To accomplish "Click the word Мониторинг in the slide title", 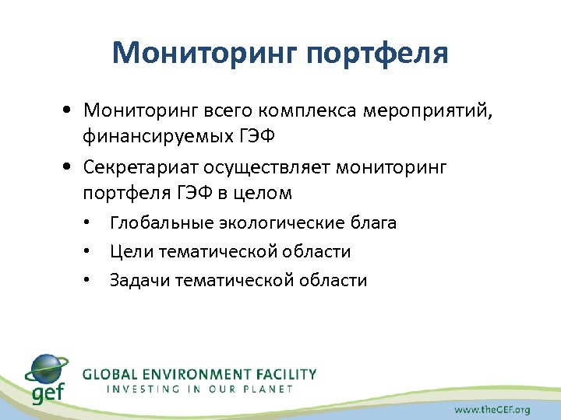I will pos(201,53).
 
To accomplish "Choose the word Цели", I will pos(131,252).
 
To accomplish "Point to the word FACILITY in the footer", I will pos(288,374).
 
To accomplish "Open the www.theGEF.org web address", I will pos(492,409).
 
